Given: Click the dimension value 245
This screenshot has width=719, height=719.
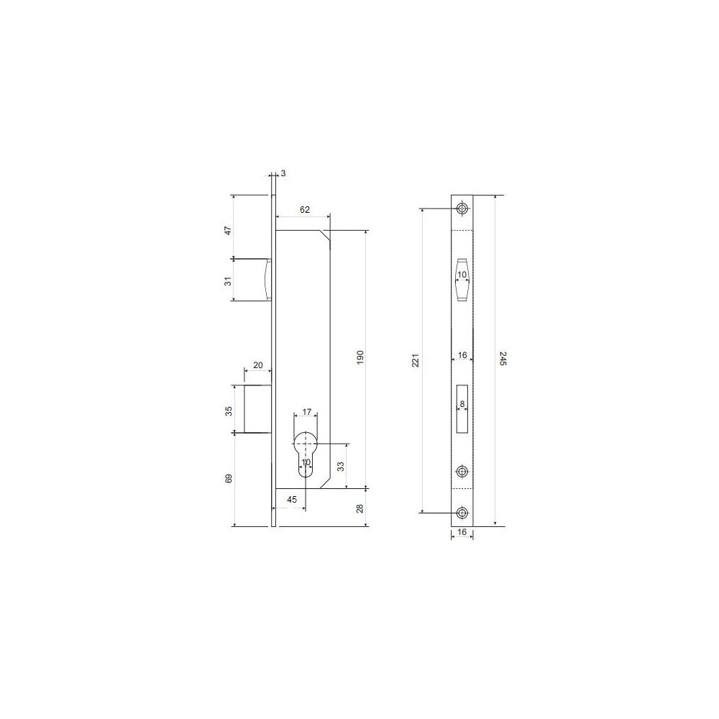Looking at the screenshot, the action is click(503, 359).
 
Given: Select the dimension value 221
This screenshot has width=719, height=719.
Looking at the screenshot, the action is click(416, 360).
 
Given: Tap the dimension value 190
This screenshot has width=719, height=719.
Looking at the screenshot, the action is click(360, 357).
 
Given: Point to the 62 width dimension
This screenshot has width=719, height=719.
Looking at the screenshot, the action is click(305, 209).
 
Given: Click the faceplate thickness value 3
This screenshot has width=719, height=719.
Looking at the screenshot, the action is click(283, 173).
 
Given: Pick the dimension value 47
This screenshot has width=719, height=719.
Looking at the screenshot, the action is click(229, 230).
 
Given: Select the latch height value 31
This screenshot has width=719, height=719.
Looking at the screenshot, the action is click(229, 280).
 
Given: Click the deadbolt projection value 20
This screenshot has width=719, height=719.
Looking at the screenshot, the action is click(258, 365).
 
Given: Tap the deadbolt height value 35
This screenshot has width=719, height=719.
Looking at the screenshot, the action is click(229, 411).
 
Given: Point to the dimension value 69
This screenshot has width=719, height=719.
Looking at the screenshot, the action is click(229, 478).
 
